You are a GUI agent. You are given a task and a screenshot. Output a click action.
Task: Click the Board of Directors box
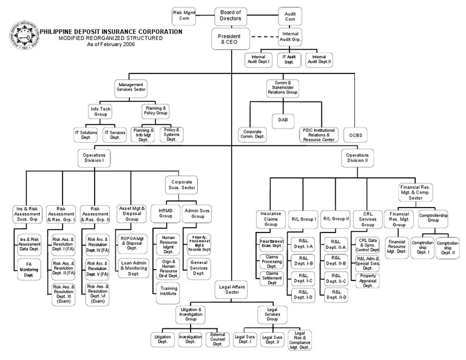[x=230, y=15]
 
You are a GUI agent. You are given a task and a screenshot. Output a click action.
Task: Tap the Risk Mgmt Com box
[x=184, y=15]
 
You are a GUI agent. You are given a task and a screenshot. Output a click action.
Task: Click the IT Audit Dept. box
[x=289, y=59]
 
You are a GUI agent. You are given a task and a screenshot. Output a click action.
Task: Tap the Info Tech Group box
[x=100, y=111]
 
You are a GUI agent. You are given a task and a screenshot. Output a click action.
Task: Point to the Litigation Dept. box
[x=163, y=339]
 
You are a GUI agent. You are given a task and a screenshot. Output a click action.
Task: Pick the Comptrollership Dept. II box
[x=448, y=248]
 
